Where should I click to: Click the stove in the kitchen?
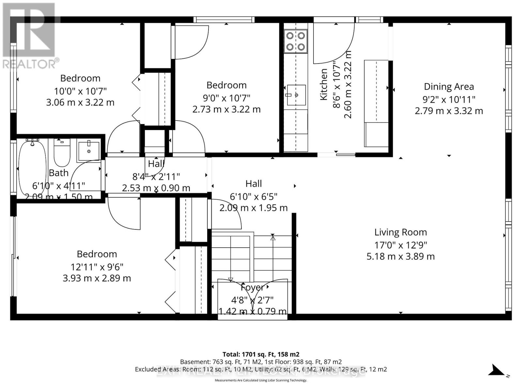click(296, 41)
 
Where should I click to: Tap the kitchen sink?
click(296, 95)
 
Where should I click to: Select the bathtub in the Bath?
click(32, 168)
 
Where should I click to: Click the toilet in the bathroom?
click(62, 152)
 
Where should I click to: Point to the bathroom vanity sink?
click(89, 151)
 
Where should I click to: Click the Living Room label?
click(400, 232)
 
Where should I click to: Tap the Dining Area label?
click(449, 87)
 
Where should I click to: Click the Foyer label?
click(252, 288)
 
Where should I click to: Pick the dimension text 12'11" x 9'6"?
click(97, 267)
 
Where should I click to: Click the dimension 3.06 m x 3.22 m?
click(80, 102)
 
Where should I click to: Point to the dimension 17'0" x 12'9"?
click(401, 245)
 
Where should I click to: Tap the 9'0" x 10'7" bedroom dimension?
click(226, 97)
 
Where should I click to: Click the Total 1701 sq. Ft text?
click(261, 354)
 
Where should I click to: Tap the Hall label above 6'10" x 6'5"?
click(253, 184)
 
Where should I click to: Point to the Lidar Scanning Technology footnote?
click(261, 380)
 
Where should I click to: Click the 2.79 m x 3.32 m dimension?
click(449, 111)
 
